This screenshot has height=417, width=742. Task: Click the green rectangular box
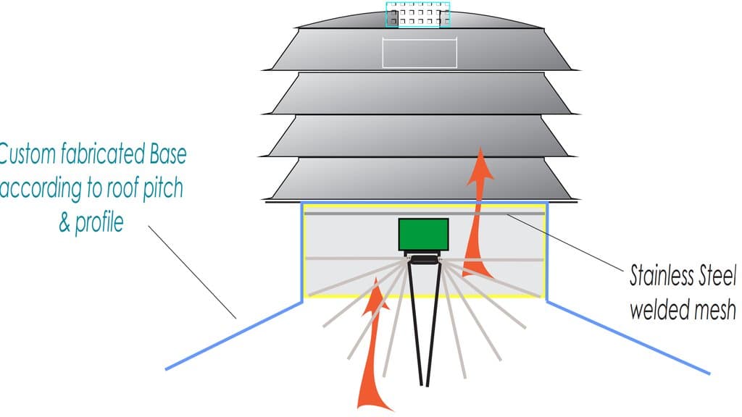(x=423, y=235)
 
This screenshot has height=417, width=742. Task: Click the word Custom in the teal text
(x=27, y=154)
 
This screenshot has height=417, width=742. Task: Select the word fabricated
(x=102, y=154)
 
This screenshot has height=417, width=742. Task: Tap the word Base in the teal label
(x=168, y=154)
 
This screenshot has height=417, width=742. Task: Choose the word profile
(x=99, y=222)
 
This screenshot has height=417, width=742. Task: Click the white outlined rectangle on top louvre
(x=420, y=53)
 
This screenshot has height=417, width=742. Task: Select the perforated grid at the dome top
(x=418, y=14)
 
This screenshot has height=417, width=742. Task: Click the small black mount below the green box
(x=423, y=258)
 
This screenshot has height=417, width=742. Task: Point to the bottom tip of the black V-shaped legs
(x=425, y=385)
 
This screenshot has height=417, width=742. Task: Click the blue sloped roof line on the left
(x=234, y=336)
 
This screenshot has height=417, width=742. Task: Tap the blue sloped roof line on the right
(x=628, y=337)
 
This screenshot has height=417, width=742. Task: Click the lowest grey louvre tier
(x=420, y=180)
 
